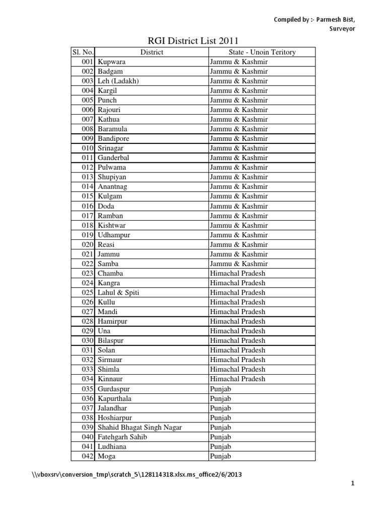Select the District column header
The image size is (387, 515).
coord(152,52)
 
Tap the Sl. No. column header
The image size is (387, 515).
coord(83,52)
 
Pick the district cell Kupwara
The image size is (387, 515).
coord(112,62)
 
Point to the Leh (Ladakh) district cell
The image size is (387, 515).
coord(118,81)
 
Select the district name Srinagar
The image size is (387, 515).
coord(111,148)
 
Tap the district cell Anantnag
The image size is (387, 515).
coord(112,187)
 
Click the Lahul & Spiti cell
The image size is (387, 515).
coord(118,293)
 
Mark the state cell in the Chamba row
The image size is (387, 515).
coord(237,274)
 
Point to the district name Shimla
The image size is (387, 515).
coord(109,370)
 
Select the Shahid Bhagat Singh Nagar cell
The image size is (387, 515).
coord(140,427)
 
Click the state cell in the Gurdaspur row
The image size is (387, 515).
coord(221,389)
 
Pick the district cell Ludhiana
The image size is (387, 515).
coord(112,447)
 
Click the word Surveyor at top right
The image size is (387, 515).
coord(343,29)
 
